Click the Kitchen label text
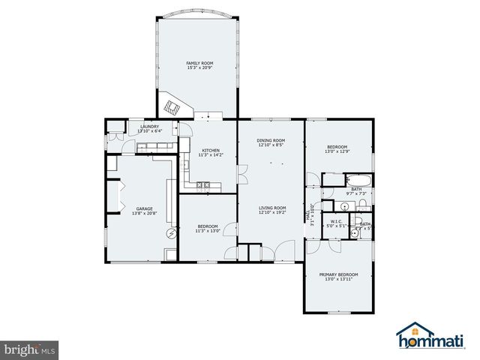(210, 150)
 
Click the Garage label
(144, 208)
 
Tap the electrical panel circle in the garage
(172, 234)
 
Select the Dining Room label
(271, 140)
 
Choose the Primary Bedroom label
(338, 274)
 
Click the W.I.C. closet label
(336, 221)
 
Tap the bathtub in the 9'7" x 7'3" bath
(353, 180)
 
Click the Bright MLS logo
(31, 349)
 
